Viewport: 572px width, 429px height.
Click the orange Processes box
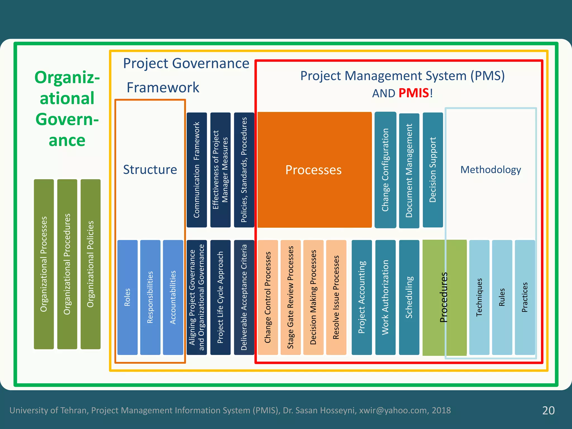(314, 170)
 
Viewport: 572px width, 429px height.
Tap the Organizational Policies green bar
(90, 264)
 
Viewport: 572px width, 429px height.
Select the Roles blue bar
(127, 297)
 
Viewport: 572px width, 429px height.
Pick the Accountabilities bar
(173, 297)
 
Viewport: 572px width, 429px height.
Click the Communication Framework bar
(197, 170)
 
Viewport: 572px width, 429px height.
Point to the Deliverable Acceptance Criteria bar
(244, 297)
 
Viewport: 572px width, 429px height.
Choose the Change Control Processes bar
(268, 297)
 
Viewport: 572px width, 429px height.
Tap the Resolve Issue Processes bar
(336, 297)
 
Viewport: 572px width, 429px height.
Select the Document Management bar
(409, 170)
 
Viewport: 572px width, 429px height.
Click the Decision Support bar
(433, 170)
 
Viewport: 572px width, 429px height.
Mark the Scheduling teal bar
(409, 297)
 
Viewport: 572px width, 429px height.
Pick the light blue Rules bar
(502, 297)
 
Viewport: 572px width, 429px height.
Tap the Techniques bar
(479, 297)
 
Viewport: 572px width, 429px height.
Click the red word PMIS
(414, 93)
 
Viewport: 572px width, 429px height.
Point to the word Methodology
(490, 170)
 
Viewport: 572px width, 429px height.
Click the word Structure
(150, 170)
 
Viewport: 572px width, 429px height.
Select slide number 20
(548, 410)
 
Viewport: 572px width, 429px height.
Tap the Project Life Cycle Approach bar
(220, 297)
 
